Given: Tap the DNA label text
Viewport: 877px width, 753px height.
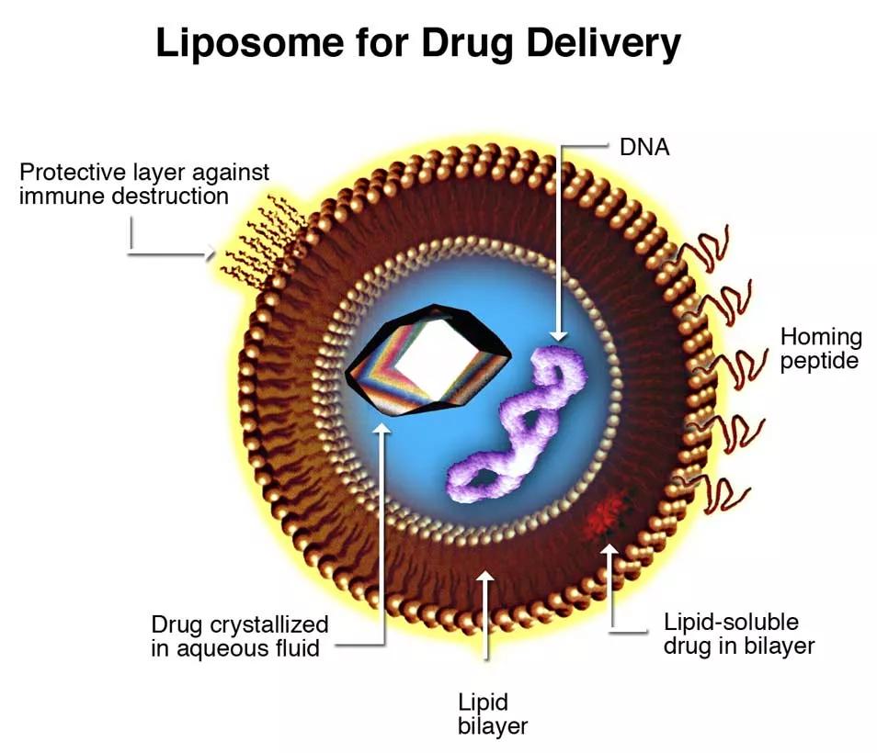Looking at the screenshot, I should tap(642, 145).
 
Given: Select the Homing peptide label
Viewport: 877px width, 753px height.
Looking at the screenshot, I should tap(820, 348).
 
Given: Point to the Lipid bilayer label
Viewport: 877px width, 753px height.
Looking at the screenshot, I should tap(493, 714).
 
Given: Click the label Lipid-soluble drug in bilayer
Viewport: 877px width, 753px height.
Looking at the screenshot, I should tap(738, 634).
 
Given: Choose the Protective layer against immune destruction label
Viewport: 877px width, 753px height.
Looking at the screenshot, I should tap(144, 184).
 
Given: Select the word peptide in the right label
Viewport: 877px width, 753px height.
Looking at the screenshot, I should tap(820, 360).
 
